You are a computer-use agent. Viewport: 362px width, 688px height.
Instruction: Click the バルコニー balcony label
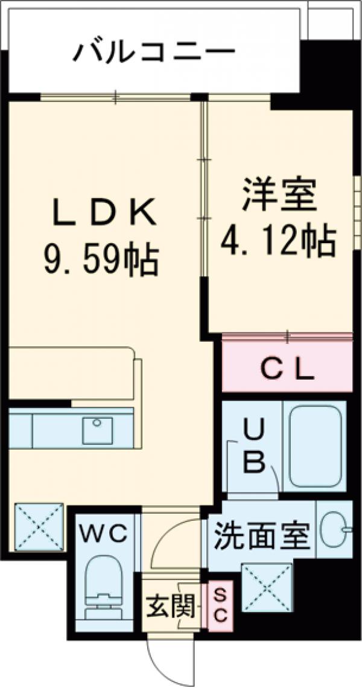(x=153, y=54)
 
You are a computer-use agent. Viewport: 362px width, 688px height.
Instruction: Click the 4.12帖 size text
(x=278, y=242)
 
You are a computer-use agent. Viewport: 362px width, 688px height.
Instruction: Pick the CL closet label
(x=288, y=369)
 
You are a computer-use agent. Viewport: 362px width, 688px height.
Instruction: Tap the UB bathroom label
(x=254, y=448)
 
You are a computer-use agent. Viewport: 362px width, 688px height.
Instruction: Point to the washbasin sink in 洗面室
(x=334, y=530)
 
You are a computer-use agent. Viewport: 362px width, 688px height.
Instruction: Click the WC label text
(x=105, y=534)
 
